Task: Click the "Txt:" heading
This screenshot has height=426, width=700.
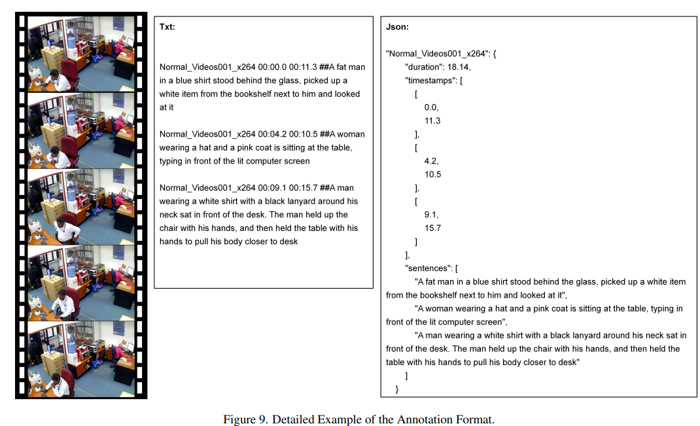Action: pos(167,27)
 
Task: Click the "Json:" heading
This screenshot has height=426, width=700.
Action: pos(398,27)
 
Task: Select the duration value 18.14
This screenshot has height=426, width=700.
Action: pos(459,67)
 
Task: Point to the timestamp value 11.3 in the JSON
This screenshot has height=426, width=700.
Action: pos(432,120)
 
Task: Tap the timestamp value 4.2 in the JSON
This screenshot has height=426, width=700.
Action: pos(432,161)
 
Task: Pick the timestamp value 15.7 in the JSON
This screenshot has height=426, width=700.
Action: pos(432,228)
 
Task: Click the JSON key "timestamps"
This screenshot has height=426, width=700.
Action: pos(430,80)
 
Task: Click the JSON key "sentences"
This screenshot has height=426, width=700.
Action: pos(429,268)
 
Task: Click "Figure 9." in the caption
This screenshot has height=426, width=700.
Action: pos(246,419)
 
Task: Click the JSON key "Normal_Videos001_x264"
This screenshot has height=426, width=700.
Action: pos(436,54)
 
